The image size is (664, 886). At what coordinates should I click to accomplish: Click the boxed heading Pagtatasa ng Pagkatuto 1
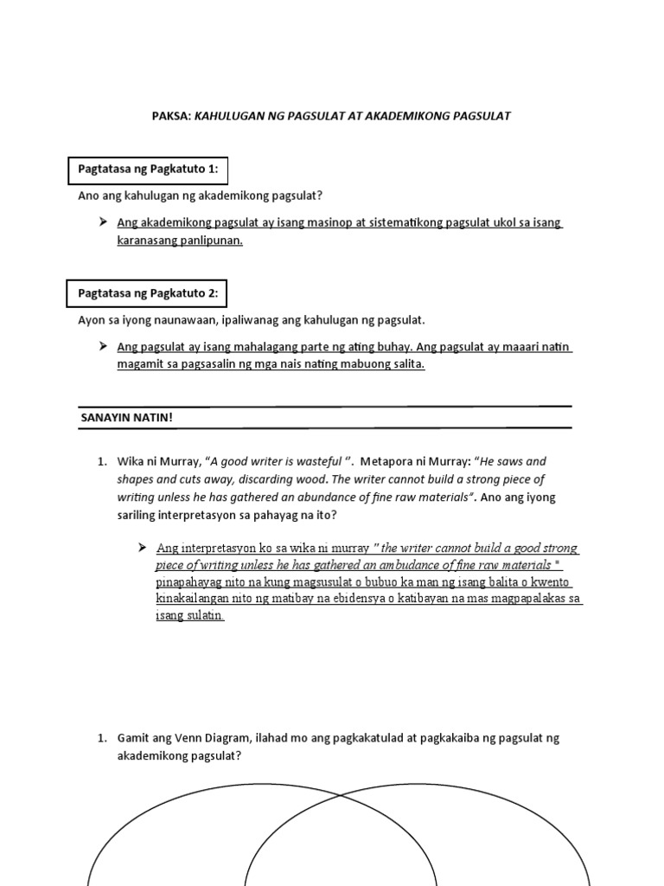pyautogui.click(x=148, y=169)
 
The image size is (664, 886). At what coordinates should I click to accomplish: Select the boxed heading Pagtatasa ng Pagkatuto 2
pyautogui.click(x=148, y=293)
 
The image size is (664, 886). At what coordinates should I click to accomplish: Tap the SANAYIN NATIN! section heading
pyautogui.click(x=127, y=417)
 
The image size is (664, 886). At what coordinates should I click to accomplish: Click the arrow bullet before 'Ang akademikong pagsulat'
pyautogui.click(x=104, y=223)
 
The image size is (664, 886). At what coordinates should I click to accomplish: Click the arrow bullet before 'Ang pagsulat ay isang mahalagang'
pyautogui.click(x=104, y=347)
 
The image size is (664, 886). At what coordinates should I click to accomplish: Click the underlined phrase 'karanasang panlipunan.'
pyautogui.click(x=180, y=241)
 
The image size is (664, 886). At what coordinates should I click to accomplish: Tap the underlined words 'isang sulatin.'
pyautogui.click(x=190, y=615)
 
